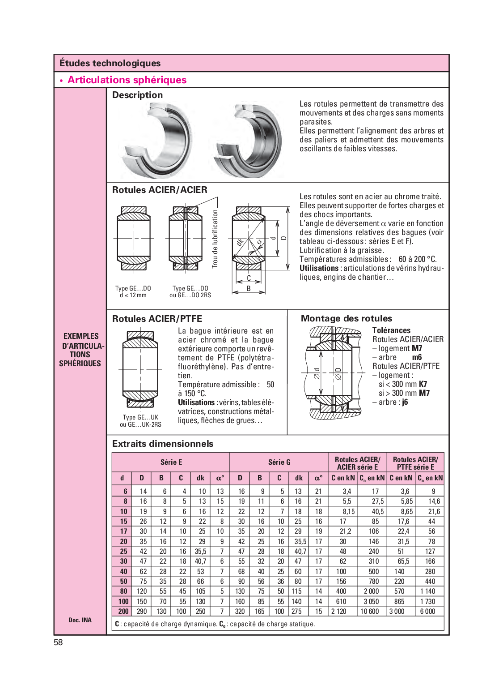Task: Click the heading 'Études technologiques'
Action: pyautogui.click(x=110, y=63)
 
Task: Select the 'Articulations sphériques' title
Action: pyautogui.click(x=127, y=80)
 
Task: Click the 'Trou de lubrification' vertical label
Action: pyautogui.click(x=215, y=239)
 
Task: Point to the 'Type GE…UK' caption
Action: pyautogui.click(x=140, y=417)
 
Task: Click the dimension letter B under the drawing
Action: pyautogui.click(x=249, y=289)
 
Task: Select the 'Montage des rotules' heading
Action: pyautogui.click(x=346, y=318)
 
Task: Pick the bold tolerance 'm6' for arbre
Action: pyautogui.click(x=417, y=357)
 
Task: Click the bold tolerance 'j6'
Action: pyautogui.click(x=405, y=402)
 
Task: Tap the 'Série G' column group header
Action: pyautogui.click(x=279, y=462)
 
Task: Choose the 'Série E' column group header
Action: pyautogui.click(x=171, y=462)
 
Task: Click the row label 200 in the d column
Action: pyautogui.click(x=123, y=611)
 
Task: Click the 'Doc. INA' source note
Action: pyautogui.click(x=80, y=620)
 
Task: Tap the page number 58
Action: pyautogui.click(x=59, y=642)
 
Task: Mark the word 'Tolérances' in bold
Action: pyautogui.click(x=391, y=330)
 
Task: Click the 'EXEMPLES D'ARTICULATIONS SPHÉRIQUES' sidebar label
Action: pyautogui.click(x=80, y=350)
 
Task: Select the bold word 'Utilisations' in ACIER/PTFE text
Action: pyautogui.click(x=196, y=402)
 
